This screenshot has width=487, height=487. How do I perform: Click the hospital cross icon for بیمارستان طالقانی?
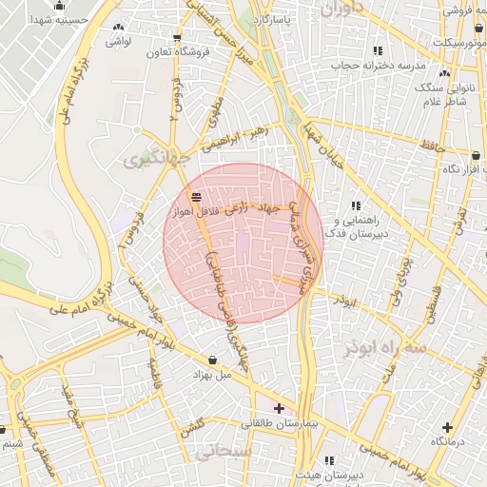278,408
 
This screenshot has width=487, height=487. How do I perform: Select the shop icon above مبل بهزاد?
211,360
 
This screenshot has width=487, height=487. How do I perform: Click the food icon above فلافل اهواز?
196,197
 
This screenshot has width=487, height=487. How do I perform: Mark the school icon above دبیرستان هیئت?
329,459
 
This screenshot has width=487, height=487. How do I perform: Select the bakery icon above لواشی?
117,29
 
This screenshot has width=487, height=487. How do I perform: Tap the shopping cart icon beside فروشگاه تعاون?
177,38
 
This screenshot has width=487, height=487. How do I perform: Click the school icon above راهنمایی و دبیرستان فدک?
356,205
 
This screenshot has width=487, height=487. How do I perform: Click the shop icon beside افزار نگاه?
476,155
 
